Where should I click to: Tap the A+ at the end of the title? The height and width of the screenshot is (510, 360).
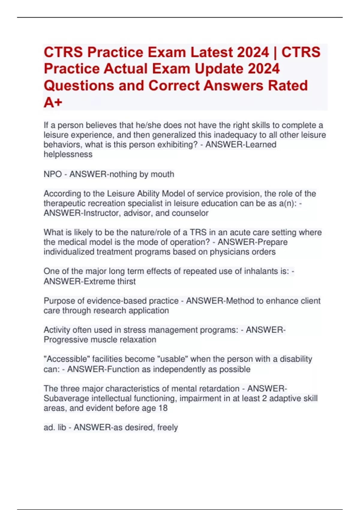[53, 103]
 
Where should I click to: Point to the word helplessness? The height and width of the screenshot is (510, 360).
[68, 154]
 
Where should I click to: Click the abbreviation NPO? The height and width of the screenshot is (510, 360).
[53, 174]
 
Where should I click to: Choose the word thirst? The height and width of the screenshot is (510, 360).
[126, 281]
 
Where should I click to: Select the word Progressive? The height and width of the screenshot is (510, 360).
[66, 340]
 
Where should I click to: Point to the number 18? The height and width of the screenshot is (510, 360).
[163, 408]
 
